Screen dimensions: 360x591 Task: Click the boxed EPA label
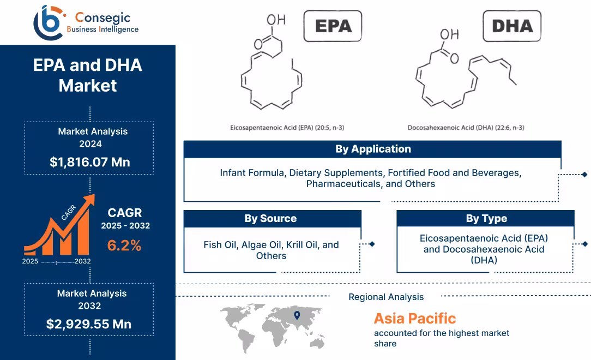pyautogui.click(x=332, y=26)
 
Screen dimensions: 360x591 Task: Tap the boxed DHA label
pyautogui.click(x=512, y=26)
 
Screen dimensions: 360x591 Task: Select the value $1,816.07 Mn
pyautogui.click(x=89, y=162)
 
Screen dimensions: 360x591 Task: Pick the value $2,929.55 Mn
pyautogui.click(x=89, y=324)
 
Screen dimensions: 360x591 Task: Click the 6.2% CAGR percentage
pyautogui.click(x=124, y=245)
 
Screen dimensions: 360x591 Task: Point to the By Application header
pyautogui.click(x=372, y=149)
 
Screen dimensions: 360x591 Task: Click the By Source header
pyautogui.click(x=271, y=219)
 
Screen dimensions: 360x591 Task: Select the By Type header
pyautogui.click(x=486, y=219)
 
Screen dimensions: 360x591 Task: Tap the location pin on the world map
pyautogui.click(x=297, y=315)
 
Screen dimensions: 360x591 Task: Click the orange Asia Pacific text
pyautogui.click(x=414, y=318)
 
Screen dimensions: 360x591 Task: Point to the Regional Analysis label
pyautogui.click(x=386, y=297)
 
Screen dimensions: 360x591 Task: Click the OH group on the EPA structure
pyautogui.click(x=276, y=20)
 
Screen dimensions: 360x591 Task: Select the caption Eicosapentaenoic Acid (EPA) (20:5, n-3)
pyautogui.click(x=287, y=128)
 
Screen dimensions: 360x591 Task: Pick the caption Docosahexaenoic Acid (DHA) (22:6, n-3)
pyautogui.click(x=466, y=128)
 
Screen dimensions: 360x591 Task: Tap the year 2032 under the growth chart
pyautogui.click(x=83, y=261)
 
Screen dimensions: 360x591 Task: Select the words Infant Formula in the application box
pyautogui.click(x=252, y=173)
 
